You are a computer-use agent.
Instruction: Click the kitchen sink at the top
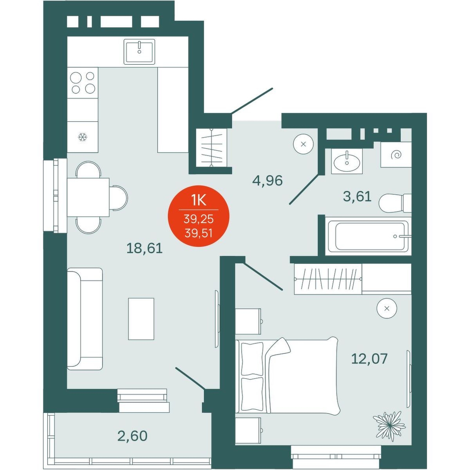[x=139, y=52]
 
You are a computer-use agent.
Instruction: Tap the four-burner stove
[x=82, y=83]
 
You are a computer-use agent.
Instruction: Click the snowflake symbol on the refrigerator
[x=82, y=137]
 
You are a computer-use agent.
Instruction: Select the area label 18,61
[x=145, y=249]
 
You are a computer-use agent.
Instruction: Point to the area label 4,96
[x=268, y=181]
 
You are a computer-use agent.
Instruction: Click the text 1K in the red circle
[x=199, y=201]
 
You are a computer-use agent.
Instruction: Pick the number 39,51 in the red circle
[x=199, y=234]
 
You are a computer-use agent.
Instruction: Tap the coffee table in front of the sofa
[x=141, y=318]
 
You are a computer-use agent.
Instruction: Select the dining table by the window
[x=88, y=197]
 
